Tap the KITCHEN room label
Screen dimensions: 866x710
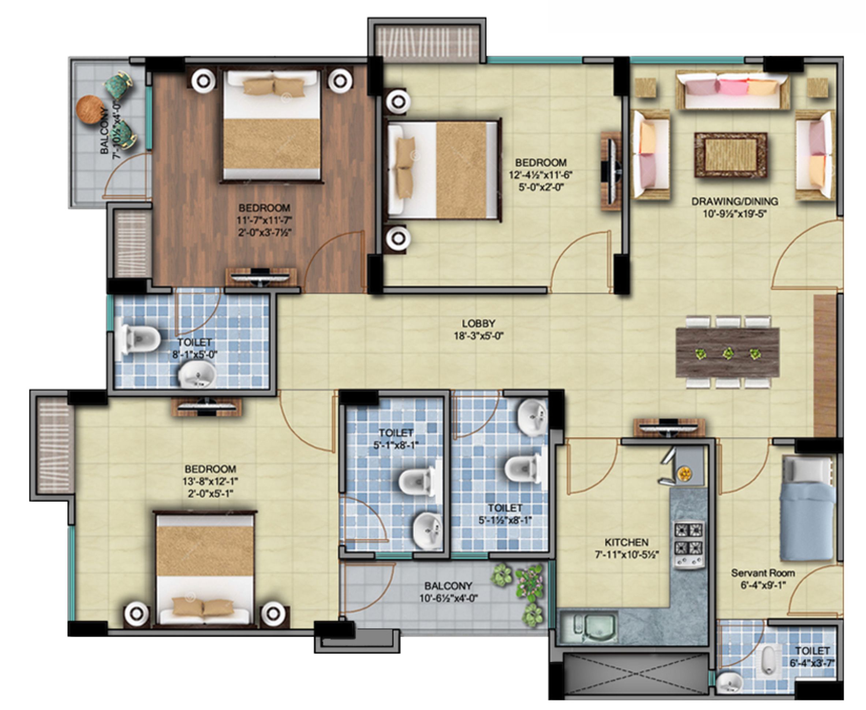[x=626, y=543]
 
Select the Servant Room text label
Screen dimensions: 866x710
[x=763, y=573]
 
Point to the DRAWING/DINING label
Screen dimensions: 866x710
[x=735, y=201]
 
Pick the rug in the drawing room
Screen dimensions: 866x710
[x=731, y=155]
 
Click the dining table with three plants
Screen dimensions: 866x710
[x=728, y=352]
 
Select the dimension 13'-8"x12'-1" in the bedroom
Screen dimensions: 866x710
[x=210, y=481]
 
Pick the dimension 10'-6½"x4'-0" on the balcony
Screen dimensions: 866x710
[x=448, y=598]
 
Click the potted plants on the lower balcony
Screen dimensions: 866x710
[x=522, y=593]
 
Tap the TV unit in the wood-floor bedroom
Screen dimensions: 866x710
[x=261, y=277]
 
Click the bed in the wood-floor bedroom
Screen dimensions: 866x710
[x=271, y=125]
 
